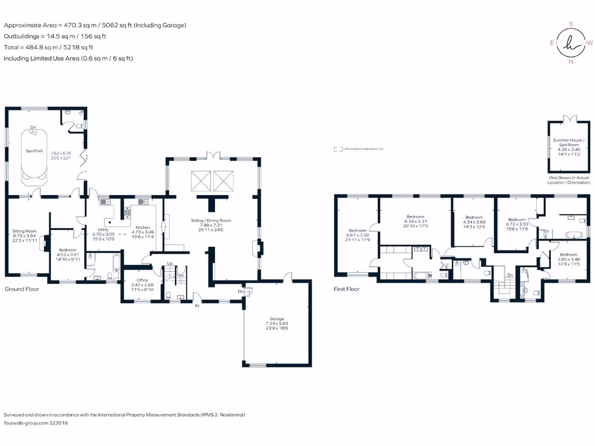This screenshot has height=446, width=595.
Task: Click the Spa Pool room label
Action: click(34, 151)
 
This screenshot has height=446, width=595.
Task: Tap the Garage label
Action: click(276, 319)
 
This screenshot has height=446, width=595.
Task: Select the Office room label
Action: click(142, 280)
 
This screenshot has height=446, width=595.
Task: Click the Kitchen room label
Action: click(143, 227)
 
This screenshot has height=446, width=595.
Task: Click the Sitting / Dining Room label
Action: click(212, 221)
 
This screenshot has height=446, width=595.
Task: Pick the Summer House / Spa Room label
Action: click(569, 141)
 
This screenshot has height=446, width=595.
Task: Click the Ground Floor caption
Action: click(21, 289)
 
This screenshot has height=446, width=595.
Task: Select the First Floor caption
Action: click(346, 289)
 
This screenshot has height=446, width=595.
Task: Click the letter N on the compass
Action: click(571, 62)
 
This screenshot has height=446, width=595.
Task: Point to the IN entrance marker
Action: click(197, 305)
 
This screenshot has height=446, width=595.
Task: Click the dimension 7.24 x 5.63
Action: click(276, 324)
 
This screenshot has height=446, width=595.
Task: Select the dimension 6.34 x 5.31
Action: click(415, 221)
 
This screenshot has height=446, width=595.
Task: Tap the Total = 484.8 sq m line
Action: click(48, 48)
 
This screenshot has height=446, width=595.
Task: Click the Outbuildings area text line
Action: click(55, 36)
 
